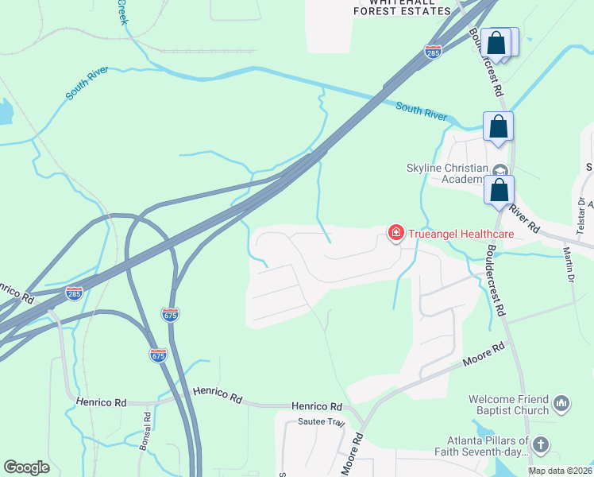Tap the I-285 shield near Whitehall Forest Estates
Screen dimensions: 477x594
point(433,52)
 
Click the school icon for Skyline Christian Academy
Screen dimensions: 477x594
point(500,170)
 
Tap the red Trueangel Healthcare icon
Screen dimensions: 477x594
point(395,233)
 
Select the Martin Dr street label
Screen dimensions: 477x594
point(569,265)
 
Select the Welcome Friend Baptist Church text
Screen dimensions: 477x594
point(509,405)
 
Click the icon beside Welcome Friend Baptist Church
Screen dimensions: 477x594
point(561,404)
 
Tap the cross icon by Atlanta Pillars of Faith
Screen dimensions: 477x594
point(541,444)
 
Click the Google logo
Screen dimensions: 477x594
point(27,467)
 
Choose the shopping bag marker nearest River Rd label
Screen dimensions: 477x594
point(499,192)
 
